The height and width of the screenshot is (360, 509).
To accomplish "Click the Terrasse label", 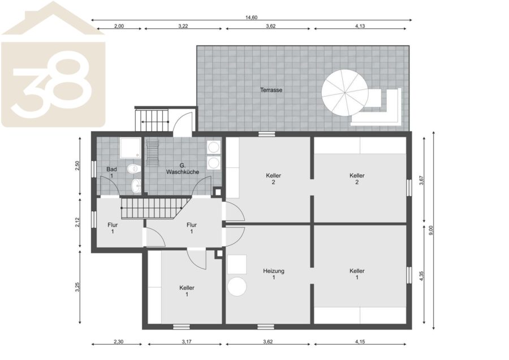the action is point(271,90).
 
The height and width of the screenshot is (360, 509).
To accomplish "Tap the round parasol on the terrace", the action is point(345,93).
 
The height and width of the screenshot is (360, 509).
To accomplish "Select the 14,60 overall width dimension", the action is point(251,18).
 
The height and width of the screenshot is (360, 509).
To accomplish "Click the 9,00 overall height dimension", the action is point(431,230).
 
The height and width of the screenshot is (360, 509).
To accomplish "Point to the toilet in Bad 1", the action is point(133,168).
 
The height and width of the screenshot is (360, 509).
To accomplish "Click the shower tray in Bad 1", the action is point(130,148).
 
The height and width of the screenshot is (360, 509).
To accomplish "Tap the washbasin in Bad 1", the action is point(136,186).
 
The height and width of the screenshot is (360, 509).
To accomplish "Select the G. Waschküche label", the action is point(183,169).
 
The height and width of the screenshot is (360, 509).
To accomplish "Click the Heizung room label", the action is point(274,274).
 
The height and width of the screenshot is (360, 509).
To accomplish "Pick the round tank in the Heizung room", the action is point(237,287).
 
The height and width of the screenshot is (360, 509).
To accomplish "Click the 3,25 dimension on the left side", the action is point(77,287).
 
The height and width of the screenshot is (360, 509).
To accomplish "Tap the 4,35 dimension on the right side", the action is point(422,275).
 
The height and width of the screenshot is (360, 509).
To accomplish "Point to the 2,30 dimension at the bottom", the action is point(119,341).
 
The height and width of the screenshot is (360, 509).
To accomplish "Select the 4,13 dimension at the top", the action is point(360,26).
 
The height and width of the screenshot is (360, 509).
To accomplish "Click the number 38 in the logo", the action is point(52,84).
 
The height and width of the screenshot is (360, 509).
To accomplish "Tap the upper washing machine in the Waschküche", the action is point(214,148).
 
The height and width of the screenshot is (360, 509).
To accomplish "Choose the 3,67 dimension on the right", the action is point(422,180).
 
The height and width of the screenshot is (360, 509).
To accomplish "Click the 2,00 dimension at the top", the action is point(119,26).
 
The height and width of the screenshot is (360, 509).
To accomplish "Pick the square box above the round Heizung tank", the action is point(237,264).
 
